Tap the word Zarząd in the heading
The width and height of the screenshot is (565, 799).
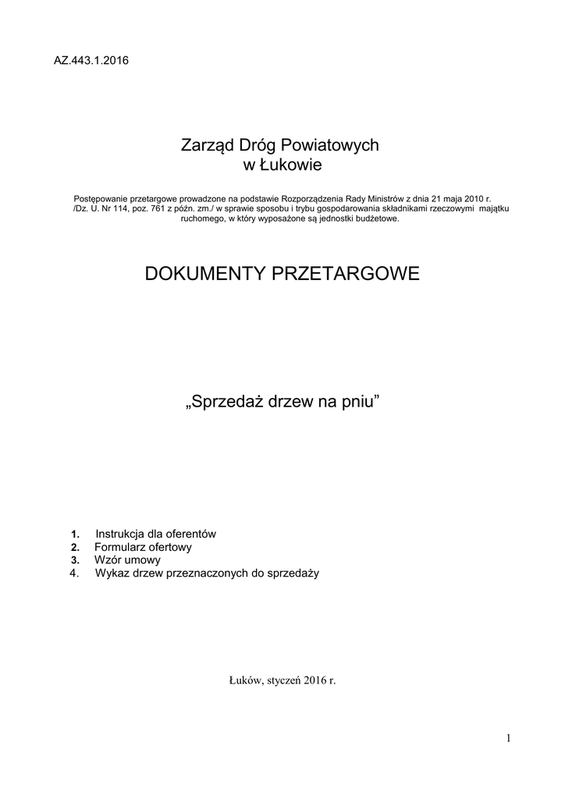click(x=204, y=145)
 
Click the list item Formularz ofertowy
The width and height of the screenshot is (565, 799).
click(x=143, y=547)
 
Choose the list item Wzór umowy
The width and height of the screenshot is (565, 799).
click(x=128, y=559)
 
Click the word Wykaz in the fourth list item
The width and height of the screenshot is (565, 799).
click(x=113, y=573)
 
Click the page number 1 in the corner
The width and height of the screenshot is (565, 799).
click(x=507, y=738)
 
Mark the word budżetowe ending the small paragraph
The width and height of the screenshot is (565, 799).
click(x=375, y=219)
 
